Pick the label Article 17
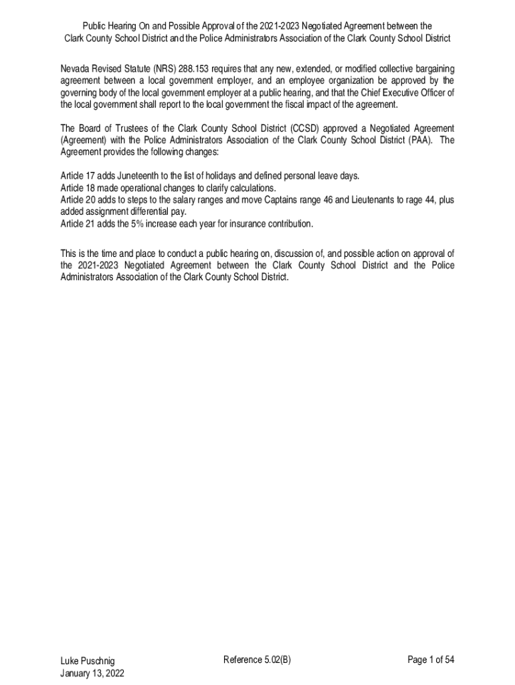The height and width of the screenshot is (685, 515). [x=77, y=176]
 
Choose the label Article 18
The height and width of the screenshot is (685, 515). [x=77, y=188]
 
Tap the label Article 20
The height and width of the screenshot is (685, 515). [x=77, y=200]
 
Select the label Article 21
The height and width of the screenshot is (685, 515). [x=77, y=224]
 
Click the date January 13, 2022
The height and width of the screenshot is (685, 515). [x=92, y=673]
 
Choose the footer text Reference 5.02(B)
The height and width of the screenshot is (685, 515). [x=257, y=660]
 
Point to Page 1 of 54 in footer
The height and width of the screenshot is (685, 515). [x=431, y=660]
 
